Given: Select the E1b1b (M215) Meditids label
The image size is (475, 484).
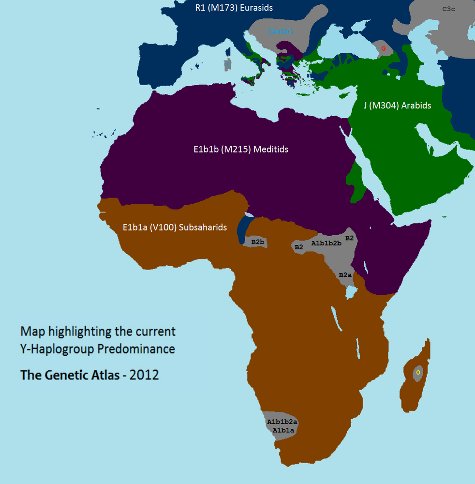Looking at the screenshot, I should tap(237, 149).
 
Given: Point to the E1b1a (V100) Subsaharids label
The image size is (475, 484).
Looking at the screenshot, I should tap(175, 227).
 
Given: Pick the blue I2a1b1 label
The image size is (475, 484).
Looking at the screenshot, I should tap(280, 31).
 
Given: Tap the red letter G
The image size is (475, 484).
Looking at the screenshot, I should tap(384, 48).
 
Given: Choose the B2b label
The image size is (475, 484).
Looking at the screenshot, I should tap(257, 241).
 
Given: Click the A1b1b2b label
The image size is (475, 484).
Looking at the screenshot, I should tap(326, 243).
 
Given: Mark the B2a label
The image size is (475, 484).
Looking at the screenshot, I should tap(345, 275).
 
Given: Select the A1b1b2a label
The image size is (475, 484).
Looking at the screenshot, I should tap(282, 422).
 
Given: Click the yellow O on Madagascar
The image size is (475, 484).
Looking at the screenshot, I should tap(418, 372).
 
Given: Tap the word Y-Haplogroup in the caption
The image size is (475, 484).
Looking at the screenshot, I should tap(56, 349).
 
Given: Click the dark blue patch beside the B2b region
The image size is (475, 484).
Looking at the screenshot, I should tap(243, 230).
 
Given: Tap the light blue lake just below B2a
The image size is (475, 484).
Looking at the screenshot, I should tap(352, 292).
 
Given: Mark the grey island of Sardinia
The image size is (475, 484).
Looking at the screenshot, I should tap(227, 65).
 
